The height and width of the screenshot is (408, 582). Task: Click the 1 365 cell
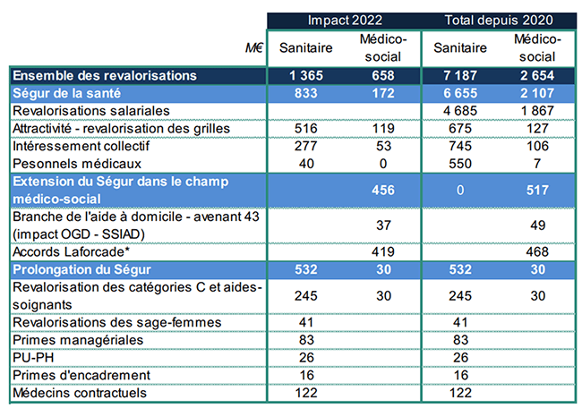tap(306, 75)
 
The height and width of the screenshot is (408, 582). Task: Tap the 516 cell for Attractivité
tap(306, 128)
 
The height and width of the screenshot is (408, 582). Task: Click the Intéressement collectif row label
tap(81, 145)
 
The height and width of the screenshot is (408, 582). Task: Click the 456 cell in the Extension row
tap(383, 189)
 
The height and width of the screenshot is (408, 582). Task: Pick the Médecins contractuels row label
tap(76, 391)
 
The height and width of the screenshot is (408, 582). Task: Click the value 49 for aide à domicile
tap(539, 224)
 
